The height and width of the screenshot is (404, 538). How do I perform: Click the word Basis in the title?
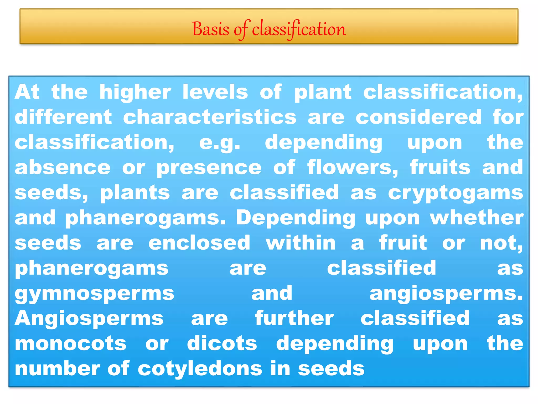[x=211, y=29]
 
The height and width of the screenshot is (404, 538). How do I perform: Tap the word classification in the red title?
[x=299, y=29]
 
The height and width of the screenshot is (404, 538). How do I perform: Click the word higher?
[x=135, y=92]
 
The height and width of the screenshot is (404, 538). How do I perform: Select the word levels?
[x=215, y=92]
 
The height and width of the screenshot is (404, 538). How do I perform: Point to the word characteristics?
[x=210, y=117]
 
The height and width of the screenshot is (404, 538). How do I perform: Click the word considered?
[x=418, y=117]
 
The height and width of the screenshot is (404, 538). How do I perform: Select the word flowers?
[x=353, y=168]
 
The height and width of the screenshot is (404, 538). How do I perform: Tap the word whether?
[x=477, y=218]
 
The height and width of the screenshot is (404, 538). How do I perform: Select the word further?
[x=294, y=319]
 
